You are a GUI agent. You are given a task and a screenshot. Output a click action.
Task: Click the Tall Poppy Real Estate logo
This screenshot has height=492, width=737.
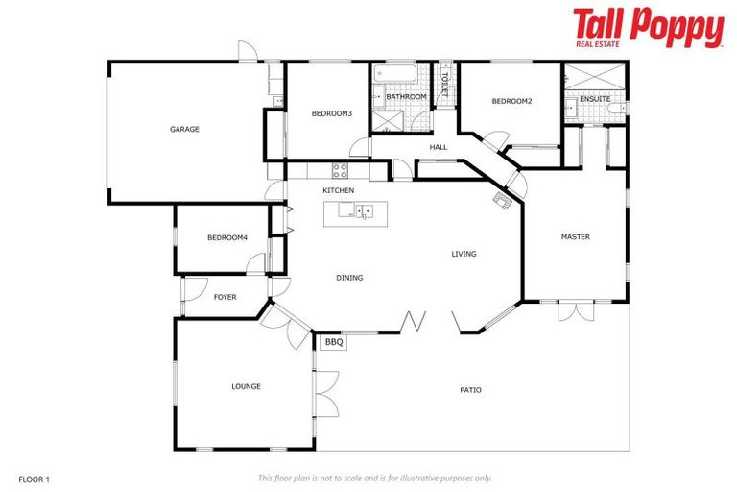648,27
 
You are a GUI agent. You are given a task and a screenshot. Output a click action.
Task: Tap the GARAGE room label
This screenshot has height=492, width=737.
184,129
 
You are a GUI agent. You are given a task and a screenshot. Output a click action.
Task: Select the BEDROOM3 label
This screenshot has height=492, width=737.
332,114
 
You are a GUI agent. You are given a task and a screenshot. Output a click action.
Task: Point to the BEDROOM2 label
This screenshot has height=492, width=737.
511,101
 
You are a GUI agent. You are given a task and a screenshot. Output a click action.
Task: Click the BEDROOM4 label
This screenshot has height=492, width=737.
227,237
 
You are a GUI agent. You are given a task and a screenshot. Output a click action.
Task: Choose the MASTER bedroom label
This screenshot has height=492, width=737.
576,236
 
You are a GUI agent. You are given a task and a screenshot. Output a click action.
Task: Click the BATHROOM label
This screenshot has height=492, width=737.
406,97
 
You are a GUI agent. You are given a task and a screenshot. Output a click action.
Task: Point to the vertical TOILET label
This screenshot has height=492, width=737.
444,84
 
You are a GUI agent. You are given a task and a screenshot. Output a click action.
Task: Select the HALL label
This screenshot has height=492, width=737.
439,147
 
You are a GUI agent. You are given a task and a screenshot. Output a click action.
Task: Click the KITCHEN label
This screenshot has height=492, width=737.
339,191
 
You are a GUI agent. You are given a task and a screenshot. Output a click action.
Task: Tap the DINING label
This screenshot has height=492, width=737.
349,278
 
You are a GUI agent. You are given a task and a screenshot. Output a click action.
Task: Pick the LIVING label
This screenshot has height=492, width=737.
464,254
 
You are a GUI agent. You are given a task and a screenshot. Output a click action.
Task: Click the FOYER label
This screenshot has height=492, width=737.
226,297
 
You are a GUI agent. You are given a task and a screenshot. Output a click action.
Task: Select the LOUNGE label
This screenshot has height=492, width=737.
246,386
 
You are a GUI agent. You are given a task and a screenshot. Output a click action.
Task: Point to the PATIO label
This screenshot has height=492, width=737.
470,390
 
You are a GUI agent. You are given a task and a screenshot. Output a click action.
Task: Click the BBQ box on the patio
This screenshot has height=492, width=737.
333,342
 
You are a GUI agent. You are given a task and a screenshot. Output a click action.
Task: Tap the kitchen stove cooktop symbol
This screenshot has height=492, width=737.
340,170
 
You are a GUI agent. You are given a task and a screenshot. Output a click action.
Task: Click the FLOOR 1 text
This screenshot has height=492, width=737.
34,478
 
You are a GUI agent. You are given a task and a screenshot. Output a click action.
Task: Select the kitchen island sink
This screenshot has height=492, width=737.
364,211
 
